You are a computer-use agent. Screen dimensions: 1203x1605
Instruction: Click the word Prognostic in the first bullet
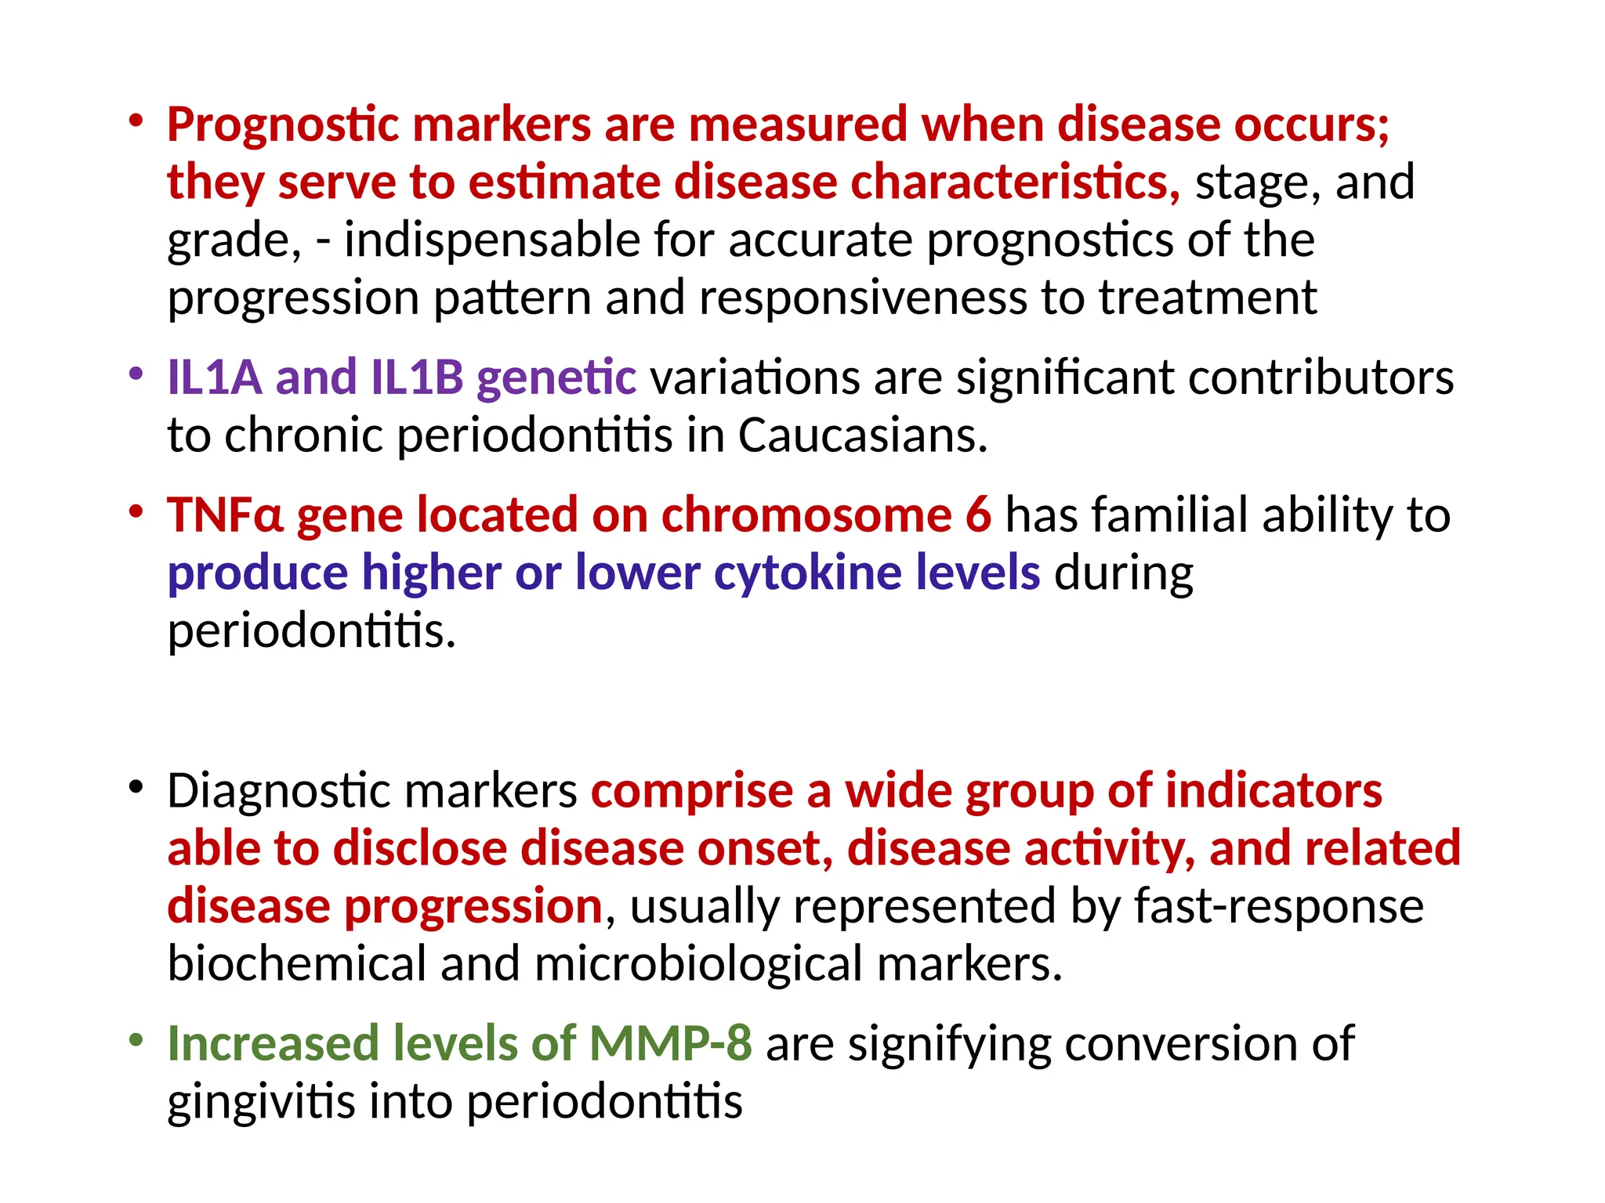(x=283, y=125)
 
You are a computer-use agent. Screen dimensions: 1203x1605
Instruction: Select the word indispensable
(x=491, y=240)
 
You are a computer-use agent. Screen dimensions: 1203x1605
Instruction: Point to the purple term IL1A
(x=214, y=378)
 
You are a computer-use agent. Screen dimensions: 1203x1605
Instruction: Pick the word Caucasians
(x=862, y=435)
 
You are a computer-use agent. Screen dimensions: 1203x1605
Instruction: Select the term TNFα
(x=225, y=515)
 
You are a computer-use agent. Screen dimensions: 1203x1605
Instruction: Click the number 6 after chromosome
(x=978, y=515)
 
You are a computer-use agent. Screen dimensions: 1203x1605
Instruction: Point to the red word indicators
(x=1273, y=791)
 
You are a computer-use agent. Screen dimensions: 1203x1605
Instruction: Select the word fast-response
(x=1279, y=907)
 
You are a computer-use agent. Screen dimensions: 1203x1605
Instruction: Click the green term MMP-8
(x=670, y=1044)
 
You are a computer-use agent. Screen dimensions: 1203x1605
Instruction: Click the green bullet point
(x=136, y=1040)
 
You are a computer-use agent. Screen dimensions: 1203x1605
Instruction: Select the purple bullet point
(x=136, y=374)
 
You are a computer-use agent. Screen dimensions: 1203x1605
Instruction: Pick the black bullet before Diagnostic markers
(x=136, y=787)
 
